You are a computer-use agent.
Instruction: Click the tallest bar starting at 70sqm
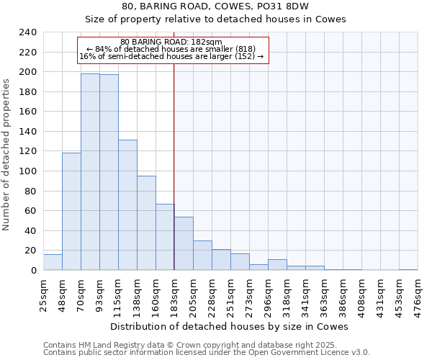tap(90, 172)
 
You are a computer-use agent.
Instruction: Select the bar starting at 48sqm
tap(71, 212)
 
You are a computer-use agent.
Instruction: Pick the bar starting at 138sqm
tap(146, 223)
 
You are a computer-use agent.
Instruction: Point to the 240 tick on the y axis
tap(27, 32)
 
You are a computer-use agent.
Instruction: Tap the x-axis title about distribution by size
tap(230, 326)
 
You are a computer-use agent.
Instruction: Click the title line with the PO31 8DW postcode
tap(215, 6)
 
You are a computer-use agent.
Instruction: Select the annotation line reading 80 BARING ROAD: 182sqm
tap(171, 42)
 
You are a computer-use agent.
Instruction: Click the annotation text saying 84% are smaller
tap(171, 49)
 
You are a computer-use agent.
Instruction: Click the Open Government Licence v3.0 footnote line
tap(207, 352)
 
